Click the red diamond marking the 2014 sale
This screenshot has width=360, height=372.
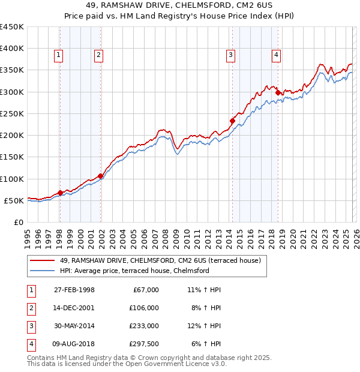(232, 121)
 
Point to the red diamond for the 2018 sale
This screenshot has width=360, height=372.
(278, 92)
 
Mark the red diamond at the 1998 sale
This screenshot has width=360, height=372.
(60, 193)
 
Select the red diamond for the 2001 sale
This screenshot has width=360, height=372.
(100, 176)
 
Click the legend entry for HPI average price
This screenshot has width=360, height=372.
(134, 271)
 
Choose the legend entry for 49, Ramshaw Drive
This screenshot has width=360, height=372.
(160, 261)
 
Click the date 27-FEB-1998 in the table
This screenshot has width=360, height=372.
(74, 290)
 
